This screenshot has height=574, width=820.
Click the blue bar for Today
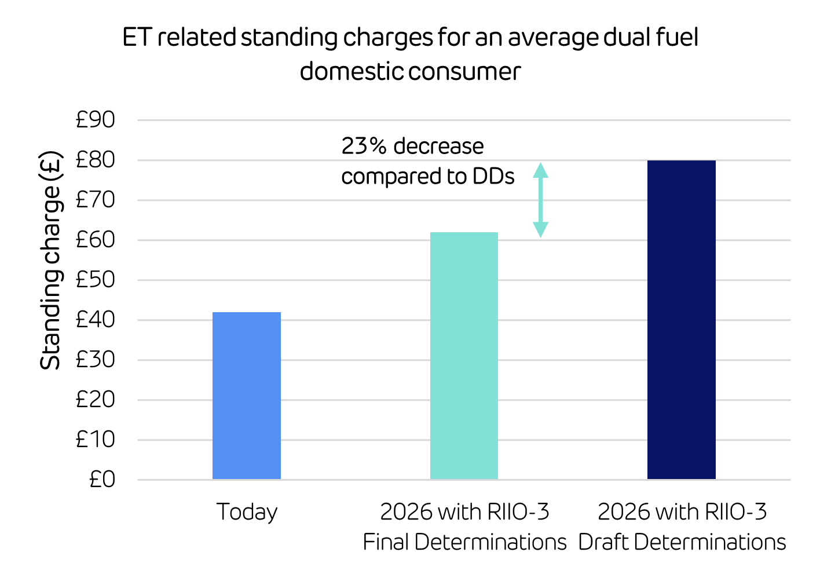[246, 396]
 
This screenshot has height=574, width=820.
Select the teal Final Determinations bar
[464, 356]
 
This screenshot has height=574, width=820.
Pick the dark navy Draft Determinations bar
[681, 320]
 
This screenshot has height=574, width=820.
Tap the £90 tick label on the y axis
[96, 120]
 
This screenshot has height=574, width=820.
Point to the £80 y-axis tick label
[96, 160]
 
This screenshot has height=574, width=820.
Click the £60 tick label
[96, 240]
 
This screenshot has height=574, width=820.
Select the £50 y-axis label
[96, 280]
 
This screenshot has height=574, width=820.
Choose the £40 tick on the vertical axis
[96, 320]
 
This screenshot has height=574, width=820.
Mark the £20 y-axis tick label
[96, 400]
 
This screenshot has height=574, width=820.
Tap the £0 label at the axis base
[102, 480]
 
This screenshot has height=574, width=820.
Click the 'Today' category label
[247, 513]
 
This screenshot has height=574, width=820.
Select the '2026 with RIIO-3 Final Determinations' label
[464, 527]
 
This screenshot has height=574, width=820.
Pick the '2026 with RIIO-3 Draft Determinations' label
[682, 527]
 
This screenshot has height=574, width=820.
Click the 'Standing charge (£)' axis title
[51, 260]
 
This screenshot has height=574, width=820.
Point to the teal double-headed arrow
[540, 200]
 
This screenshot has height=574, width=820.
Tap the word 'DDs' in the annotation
[493, 176]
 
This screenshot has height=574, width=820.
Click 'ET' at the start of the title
[137, 38]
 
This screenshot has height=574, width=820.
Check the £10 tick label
[96, 440]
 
